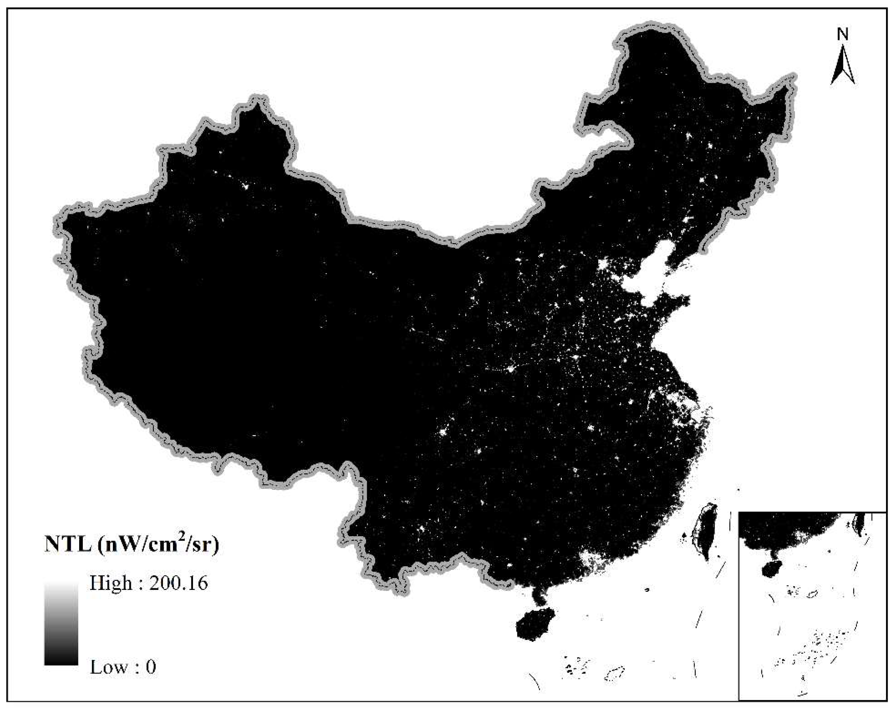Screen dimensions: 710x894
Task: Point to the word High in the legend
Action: click(x=111, y=583)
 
